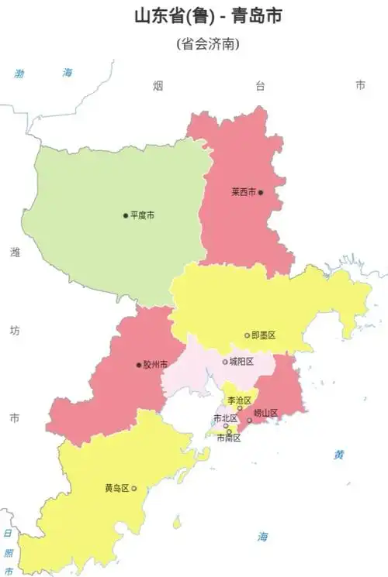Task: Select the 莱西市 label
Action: tap(243, 192)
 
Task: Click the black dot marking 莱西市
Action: tap(262, 192)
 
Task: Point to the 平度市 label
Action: tap(142, 215)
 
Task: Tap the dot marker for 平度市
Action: tap(125, 215)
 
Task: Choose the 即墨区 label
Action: tap(264, 335)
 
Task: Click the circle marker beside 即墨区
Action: tap(248, 335)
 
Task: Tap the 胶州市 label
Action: tap(155, 365)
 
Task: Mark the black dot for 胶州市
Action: tap(138, 365)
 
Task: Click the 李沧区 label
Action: tap(238, 400)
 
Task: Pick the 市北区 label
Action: tap(225, 418)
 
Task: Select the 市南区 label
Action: tap(229, 438)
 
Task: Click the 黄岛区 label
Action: tap(116, 489)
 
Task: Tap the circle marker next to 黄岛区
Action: tap(134, 489)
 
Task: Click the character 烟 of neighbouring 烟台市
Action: tap(158, 85)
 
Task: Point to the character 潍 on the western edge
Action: tap(14, 252)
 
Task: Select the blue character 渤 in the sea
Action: tap(20, 74)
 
